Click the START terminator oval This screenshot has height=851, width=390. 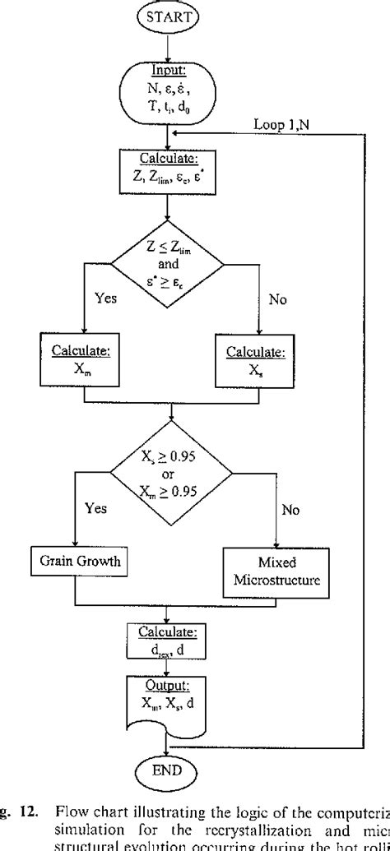[x=168, y=17]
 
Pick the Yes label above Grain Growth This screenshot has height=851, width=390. [x=97, y=508]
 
